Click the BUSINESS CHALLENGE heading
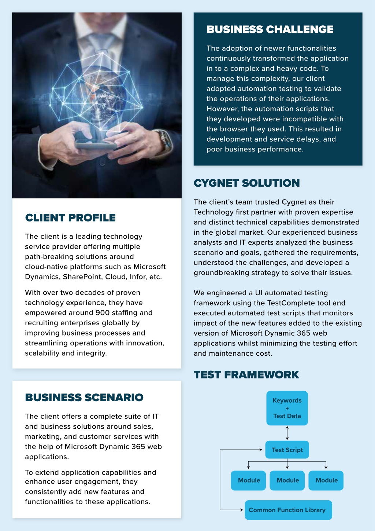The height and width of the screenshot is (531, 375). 270,29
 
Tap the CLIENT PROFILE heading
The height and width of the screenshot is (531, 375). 70,217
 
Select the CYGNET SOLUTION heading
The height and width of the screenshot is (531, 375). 247,183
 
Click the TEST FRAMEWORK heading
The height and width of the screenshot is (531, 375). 246,374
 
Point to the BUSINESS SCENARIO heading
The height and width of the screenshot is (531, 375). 84,398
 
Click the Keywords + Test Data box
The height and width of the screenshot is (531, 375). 287,408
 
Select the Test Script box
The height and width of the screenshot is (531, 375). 287,450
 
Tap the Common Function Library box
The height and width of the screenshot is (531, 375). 288,510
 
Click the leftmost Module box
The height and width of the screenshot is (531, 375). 248,480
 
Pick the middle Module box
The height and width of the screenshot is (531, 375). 287,480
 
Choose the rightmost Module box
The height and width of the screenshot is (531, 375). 326,480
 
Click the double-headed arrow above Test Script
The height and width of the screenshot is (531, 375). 287,433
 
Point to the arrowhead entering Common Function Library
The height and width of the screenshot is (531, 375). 242,510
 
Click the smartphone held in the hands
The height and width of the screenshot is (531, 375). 96,144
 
